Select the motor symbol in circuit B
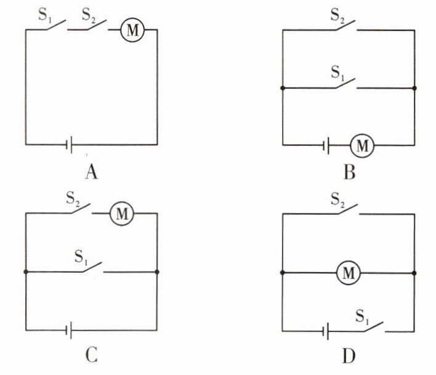362,146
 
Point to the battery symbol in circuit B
329,146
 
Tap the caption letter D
349,357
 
